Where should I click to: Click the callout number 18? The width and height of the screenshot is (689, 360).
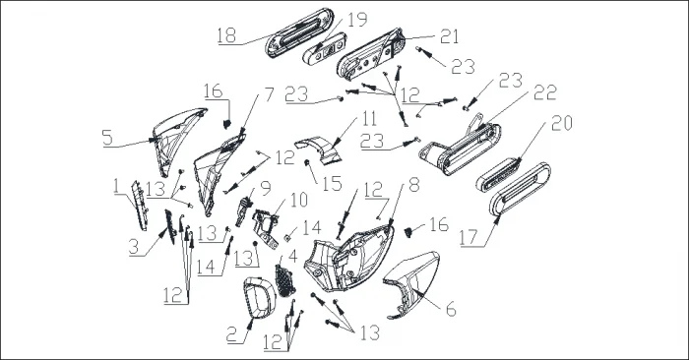[226, 35]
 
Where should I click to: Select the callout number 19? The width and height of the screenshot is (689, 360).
[356, 20]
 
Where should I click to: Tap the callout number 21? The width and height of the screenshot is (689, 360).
[449, 36]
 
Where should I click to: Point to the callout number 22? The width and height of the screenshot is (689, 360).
[545, 92]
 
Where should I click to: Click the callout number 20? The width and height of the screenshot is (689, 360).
[562, 123]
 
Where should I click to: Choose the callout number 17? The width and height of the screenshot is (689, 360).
[469, 237]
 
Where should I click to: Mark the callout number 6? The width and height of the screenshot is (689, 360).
[451, 309]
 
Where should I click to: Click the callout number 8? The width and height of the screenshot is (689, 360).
[414, 185]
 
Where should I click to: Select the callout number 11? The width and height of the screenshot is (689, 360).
[369, 118]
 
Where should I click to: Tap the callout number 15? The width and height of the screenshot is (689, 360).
[333, 184]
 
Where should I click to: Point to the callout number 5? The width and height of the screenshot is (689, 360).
[107, 138]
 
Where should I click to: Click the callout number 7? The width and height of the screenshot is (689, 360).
[269, 94]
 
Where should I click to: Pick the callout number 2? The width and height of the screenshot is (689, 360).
[232, 335]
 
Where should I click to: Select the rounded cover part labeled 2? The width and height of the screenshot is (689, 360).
[259, 297]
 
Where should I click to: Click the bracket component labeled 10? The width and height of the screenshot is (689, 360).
[267, 227]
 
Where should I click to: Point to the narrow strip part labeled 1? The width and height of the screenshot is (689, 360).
[140, 205]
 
